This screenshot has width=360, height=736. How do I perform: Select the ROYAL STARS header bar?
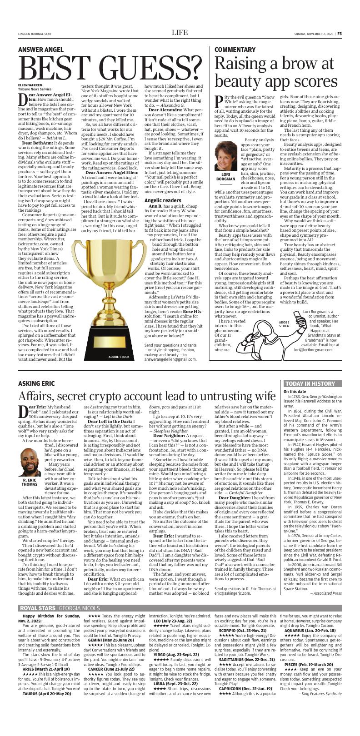(x=59, y=608)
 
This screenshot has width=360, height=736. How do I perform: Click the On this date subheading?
(x=295, y=391)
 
